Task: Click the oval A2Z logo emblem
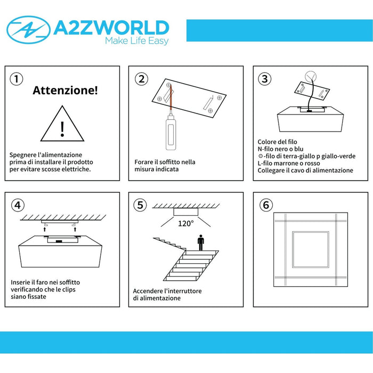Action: [x=29, y=30]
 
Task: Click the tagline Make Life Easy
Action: [x=137, y=40]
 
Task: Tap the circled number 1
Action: [x=17, y=79]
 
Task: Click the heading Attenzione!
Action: [x=65, y=90]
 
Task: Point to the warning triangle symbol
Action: [x=62, y=124]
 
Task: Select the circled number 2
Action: [x=141, y=79]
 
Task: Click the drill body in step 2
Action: [x=171, y=133]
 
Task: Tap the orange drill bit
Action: [x=170, y=100]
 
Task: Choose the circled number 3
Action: [x=264, y=79]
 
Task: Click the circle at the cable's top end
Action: [x=311, y=76]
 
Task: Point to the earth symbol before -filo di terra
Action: [x=261, y=156]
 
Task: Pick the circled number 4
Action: [x=18, y=205]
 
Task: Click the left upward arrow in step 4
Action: [x=44, y=229]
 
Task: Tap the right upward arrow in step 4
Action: [x=75, y=229]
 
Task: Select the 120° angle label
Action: [x=186, y=223]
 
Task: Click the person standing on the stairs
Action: [x=201, y=242]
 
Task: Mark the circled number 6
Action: [x=266, y=205]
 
